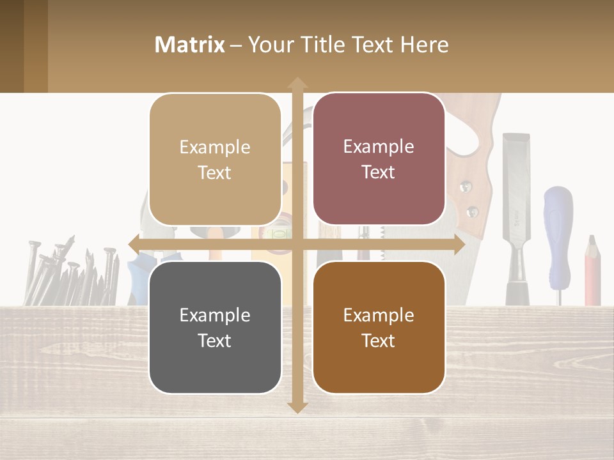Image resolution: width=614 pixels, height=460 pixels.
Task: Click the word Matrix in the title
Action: point(190,45)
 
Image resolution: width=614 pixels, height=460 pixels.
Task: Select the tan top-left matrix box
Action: point(215,160)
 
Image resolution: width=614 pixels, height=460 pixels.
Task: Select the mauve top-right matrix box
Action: point(379,159)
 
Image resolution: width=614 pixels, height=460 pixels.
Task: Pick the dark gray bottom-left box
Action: point(215,327)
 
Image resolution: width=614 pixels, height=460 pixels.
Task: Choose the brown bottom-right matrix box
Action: point(379,327)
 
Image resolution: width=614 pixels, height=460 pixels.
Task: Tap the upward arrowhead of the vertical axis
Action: point(297,83)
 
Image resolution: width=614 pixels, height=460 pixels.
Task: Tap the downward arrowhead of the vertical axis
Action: point(297,407)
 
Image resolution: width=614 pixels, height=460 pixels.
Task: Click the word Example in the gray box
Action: point(215,315)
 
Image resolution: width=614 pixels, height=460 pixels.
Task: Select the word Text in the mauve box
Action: point(379,172)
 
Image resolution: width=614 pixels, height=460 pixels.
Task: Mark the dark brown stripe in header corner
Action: point(12,46)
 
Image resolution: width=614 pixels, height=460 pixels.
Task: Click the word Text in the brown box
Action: point(379,341)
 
